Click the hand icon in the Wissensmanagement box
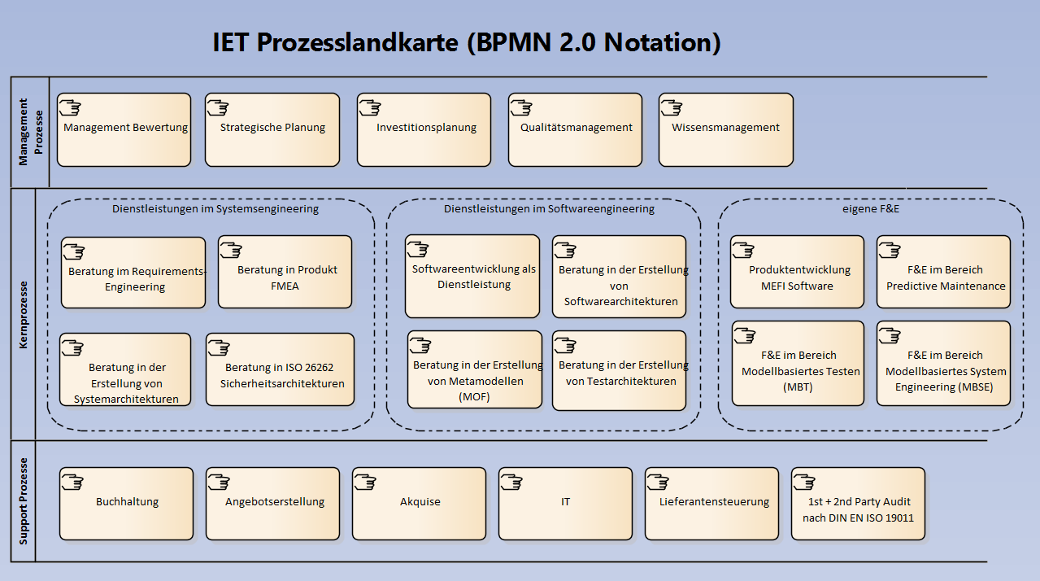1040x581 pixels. point(672,107)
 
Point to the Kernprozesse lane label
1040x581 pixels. point(24,315)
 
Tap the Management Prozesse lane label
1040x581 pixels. point(29,133)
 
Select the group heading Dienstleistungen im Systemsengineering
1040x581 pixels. point(215,209)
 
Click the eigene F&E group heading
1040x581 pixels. point(871,209)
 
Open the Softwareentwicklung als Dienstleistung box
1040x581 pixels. point(472,277)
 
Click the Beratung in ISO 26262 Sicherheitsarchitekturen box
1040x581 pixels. point(280,369)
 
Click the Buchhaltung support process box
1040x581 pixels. point(127,504)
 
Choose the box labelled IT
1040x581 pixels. point(565,504)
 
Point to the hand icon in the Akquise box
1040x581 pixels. point(365,482)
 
